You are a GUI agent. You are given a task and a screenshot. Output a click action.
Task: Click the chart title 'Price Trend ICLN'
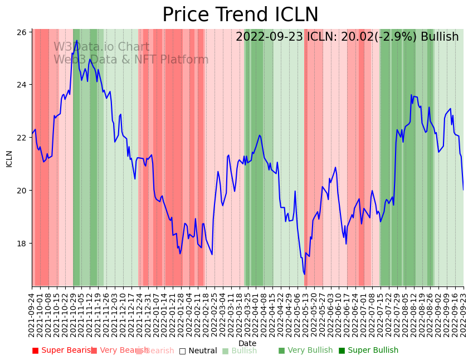point(240,15)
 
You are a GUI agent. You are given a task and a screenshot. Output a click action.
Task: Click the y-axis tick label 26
point(23,32)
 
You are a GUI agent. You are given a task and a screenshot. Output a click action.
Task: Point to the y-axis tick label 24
point(23,85)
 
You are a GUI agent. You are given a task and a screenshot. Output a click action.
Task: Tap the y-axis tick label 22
point(23,138)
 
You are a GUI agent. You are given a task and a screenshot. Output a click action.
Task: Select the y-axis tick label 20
point(23,191)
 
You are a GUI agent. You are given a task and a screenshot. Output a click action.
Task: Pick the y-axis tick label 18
point(23,244)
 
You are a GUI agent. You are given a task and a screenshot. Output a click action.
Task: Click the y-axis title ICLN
point(9,158)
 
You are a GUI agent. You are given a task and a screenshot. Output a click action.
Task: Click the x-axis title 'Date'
point(247,343)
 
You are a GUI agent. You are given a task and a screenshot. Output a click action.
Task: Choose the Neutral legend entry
point(198,351)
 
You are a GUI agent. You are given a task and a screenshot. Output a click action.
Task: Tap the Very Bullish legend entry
point(305,351)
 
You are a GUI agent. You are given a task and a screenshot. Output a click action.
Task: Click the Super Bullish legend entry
point(368,351)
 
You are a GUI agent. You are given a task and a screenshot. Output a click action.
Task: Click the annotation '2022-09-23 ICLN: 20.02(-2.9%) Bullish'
point(347,37)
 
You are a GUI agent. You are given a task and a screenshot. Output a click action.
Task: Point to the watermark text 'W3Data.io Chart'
point(101,47)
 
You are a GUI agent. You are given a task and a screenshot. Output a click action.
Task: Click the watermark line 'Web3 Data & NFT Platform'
point(131,60)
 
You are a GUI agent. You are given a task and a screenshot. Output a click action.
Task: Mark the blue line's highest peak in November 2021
point(77,40)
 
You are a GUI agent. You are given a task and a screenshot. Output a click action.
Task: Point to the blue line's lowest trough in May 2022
point(304,274)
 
